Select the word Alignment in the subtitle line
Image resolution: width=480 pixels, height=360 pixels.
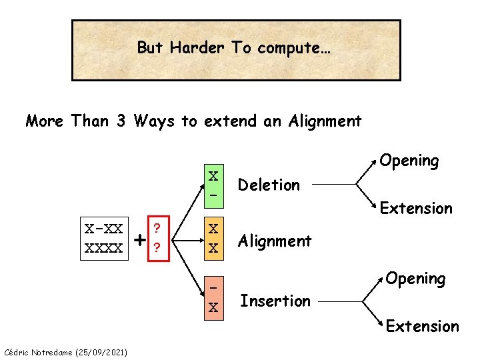(325, 121)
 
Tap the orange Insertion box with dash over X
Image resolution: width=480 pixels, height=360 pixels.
(213, 297)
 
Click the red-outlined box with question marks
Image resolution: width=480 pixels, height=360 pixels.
(156, 238)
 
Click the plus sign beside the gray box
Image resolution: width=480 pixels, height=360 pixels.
(139, 239)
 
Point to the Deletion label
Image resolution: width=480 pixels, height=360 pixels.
(269, 185)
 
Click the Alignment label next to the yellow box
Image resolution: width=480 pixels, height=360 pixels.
(275, 241)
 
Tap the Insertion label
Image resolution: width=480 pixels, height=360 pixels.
(275, 301)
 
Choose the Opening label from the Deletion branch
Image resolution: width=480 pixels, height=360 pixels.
(409, 161)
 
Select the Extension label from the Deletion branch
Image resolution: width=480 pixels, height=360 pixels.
(416, 209)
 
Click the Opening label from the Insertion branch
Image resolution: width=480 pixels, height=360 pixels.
(416, 278)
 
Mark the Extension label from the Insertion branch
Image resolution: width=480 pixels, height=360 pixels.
(423, 326)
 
